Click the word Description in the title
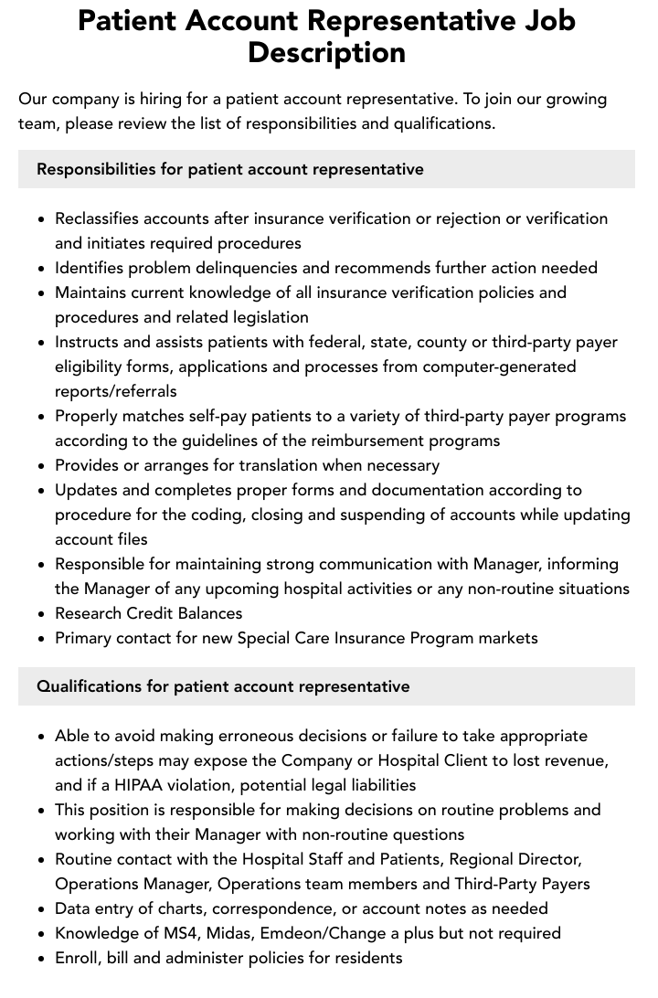pyautogui.click(x=326, y=53)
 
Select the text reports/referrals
pyautogui.click(x=116, y=391)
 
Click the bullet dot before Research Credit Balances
pyautogui.click(x=42, y=614)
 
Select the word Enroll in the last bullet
pyautogui.click(x=77, y=958)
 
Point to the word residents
pyautogui.click(x=366, y=958)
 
